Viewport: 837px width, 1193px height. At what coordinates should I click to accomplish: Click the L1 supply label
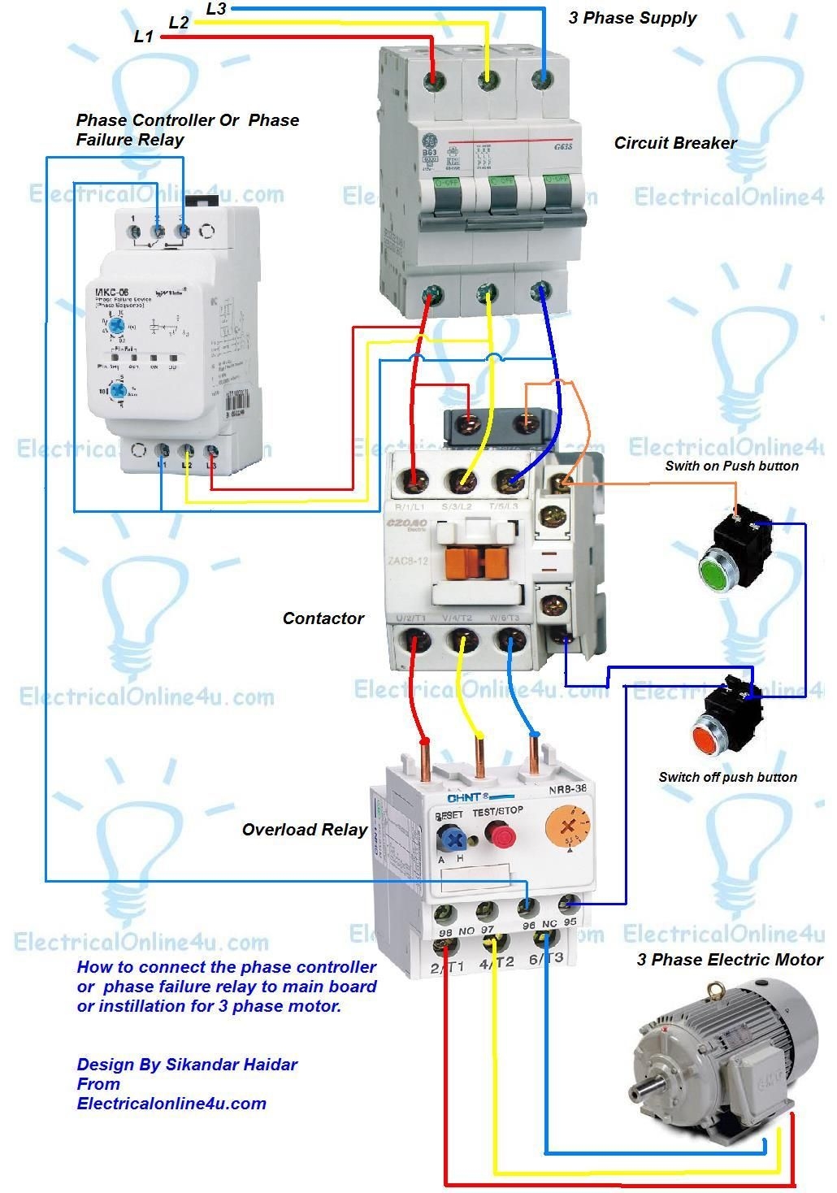click(x=143, y=37)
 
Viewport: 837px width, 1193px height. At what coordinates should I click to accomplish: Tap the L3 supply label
click(x=216, y=9)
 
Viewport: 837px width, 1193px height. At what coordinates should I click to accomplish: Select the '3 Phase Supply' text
click(x=632, y=18)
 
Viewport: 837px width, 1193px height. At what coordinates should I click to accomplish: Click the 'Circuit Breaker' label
click(x=674, y=143)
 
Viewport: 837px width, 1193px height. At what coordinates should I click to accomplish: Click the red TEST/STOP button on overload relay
click(x=497, y=835)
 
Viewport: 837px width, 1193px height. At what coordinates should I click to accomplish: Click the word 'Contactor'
click(x=323, y=618)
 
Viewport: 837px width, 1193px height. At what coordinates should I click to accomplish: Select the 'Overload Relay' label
click(x=305, y=830)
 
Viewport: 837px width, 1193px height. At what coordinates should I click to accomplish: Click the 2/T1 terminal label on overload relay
click(x=446, y=966)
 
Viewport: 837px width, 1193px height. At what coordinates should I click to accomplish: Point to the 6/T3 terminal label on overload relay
click(x=545, y=959)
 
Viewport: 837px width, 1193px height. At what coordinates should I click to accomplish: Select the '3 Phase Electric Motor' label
click(x=729, y=960)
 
